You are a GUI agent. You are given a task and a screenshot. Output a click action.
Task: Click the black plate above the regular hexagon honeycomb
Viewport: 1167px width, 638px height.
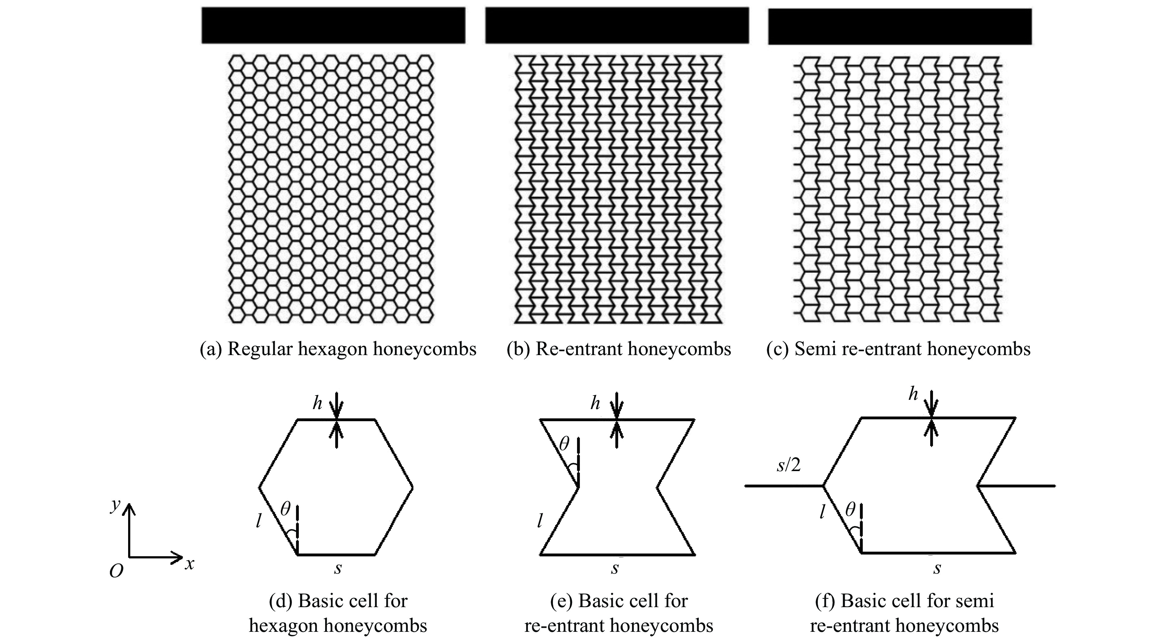point(333,25)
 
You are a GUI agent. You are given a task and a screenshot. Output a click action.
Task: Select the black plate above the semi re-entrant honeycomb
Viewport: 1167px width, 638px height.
point(900,26)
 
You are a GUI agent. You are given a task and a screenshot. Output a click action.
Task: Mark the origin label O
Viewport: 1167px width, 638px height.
point(116,572)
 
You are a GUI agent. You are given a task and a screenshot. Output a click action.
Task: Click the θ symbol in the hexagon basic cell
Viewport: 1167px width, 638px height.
point(285,509)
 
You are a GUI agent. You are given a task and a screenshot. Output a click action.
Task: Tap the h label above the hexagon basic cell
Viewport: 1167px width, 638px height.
point(317,403)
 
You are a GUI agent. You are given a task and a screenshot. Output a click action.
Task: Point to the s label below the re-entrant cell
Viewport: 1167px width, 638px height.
point(615,568)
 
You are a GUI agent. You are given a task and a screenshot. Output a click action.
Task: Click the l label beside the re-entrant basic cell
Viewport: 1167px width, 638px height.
point(540,521)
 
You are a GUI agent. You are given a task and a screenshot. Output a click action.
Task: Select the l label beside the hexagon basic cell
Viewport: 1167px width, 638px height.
point(258,521)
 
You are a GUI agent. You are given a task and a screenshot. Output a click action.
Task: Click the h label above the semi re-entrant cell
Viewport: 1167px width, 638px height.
point(913,394)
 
